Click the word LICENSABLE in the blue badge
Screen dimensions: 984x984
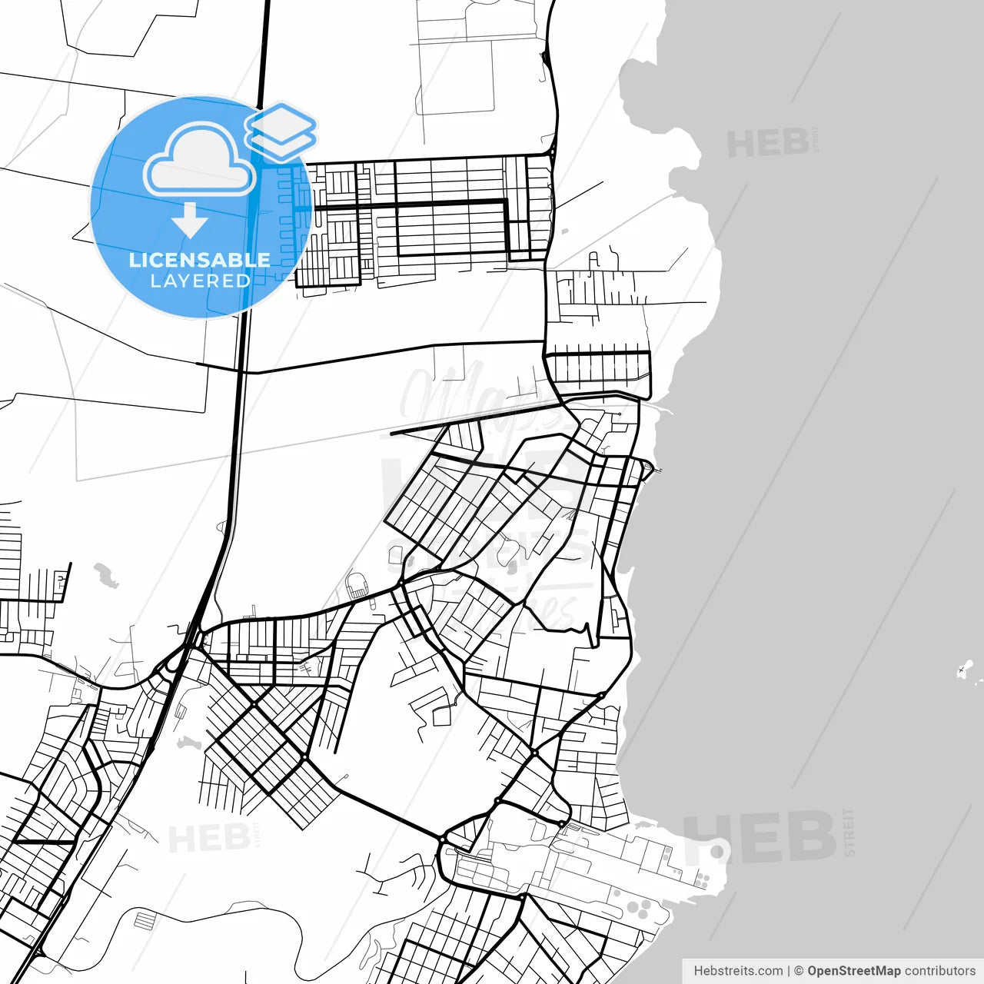(x=200, y=260)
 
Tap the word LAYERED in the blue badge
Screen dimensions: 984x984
(x=200, y=281)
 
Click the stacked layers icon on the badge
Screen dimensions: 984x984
(x=281, y=131)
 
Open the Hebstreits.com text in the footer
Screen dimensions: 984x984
(x=738, y=971)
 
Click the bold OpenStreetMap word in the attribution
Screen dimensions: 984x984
(x=853, y=971)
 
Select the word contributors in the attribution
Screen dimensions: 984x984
(x=939, y=971)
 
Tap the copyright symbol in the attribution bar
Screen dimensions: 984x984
(x=799, y=971)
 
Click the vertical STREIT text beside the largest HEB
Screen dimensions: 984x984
(x=849, y=832)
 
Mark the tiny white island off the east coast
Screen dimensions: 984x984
(x=966, y=668)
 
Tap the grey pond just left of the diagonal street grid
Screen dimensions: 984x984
(x=188, y=743)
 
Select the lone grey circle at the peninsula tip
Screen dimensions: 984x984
(x=717, y=851)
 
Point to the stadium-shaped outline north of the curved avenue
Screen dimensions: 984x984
(x=357, y=587)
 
